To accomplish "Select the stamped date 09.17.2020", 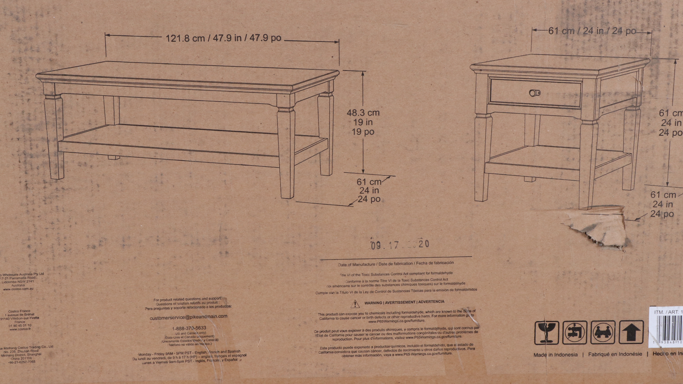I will pos(400,244).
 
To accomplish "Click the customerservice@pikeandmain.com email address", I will pos(189,317).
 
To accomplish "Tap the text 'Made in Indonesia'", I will pos(555,355).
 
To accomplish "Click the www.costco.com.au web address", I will pos(18,289).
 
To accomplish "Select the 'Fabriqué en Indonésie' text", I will pos(615,354).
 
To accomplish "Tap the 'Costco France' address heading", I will pos(19,311).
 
